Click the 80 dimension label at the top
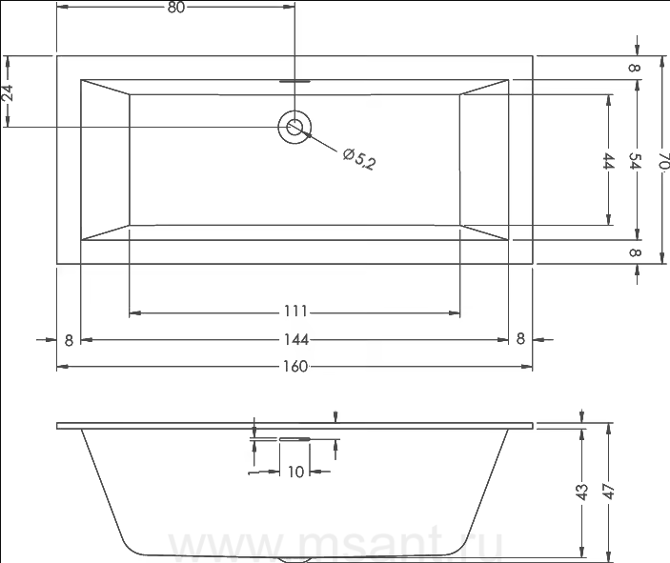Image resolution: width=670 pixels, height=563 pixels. click(175, 8)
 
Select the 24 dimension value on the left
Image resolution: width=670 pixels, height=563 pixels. click(8, 93)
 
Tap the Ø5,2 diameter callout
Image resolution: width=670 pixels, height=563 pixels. click(359, 159)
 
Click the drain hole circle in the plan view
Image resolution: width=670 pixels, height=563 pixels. click(294, 127)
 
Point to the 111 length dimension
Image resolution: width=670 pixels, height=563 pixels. click(295, 311)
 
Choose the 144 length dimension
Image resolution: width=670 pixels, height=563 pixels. click(296, 339)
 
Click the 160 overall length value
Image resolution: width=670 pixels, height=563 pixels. click(295, 366)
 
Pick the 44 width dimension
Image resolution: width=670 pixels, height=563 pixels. click(608, 161)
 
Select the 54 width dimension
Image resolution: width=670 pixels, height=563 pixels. click(636, 161)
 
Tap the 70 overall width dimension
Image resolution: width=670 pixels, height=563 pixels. click(663, 161)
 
